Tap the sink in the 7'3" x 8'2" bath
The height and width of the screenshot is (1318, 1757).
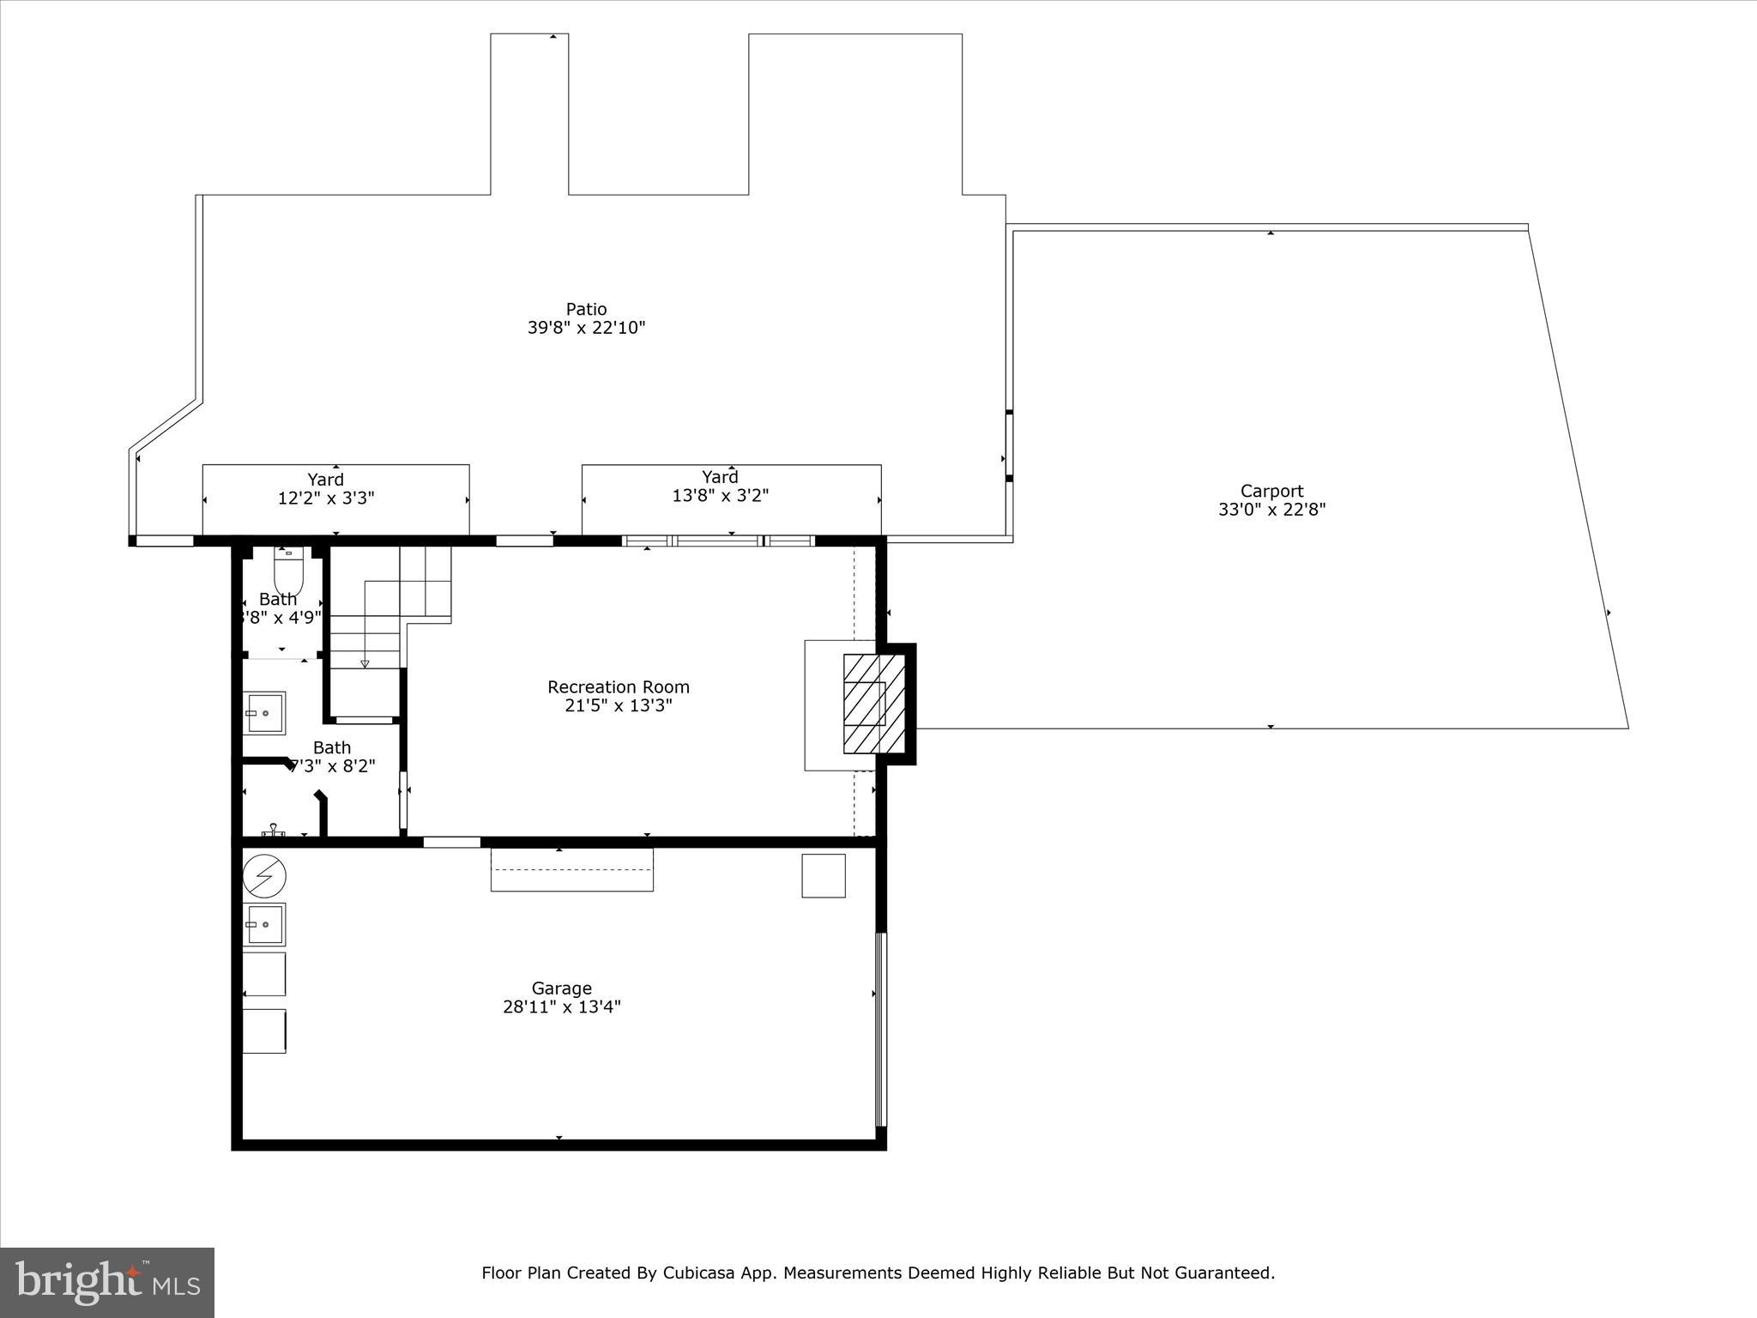(x=265, y=713)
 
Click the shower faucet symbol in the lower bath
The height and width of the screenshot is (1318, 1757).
(x=273, y=830)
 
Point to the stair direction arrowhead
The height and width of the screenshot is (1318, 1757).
(x=365, y=663)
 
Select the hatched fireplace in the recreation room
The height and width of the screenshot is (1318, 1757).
(x=873, y=703)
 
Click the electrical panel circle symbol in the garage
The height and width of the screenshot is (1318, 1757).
(x=264, y=877)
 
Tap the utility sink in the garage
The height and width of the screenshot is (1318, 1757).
(x=265, y=924)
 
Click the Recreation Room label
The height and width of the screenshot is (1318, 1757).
(x=618, y=687)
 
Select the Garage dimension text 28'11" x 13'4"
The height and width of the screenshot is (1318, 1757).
(x=561, y=1007)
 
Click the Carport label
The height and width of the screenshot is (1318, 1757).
(x=1271, y=491)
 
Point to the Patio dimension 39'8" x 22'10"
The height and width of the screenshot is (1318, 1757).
(x=586, y=328)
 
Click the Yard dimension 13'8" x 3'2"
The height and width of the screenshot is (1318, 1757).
(x=720, y=496)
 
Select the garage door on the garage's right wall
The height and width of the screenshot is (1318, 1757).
(x=880, y=1030)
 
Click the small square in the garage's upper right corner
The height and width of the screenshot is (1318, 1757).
(x=824, y=875)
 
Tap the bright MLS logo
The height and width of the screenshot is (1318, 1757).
(x=107, y=1283)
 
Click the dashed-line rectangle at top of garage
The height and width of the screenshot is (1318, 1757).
(x=571, y=869)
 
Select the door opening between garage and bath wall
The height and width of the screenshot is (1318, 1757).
(x=451, y=842)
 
